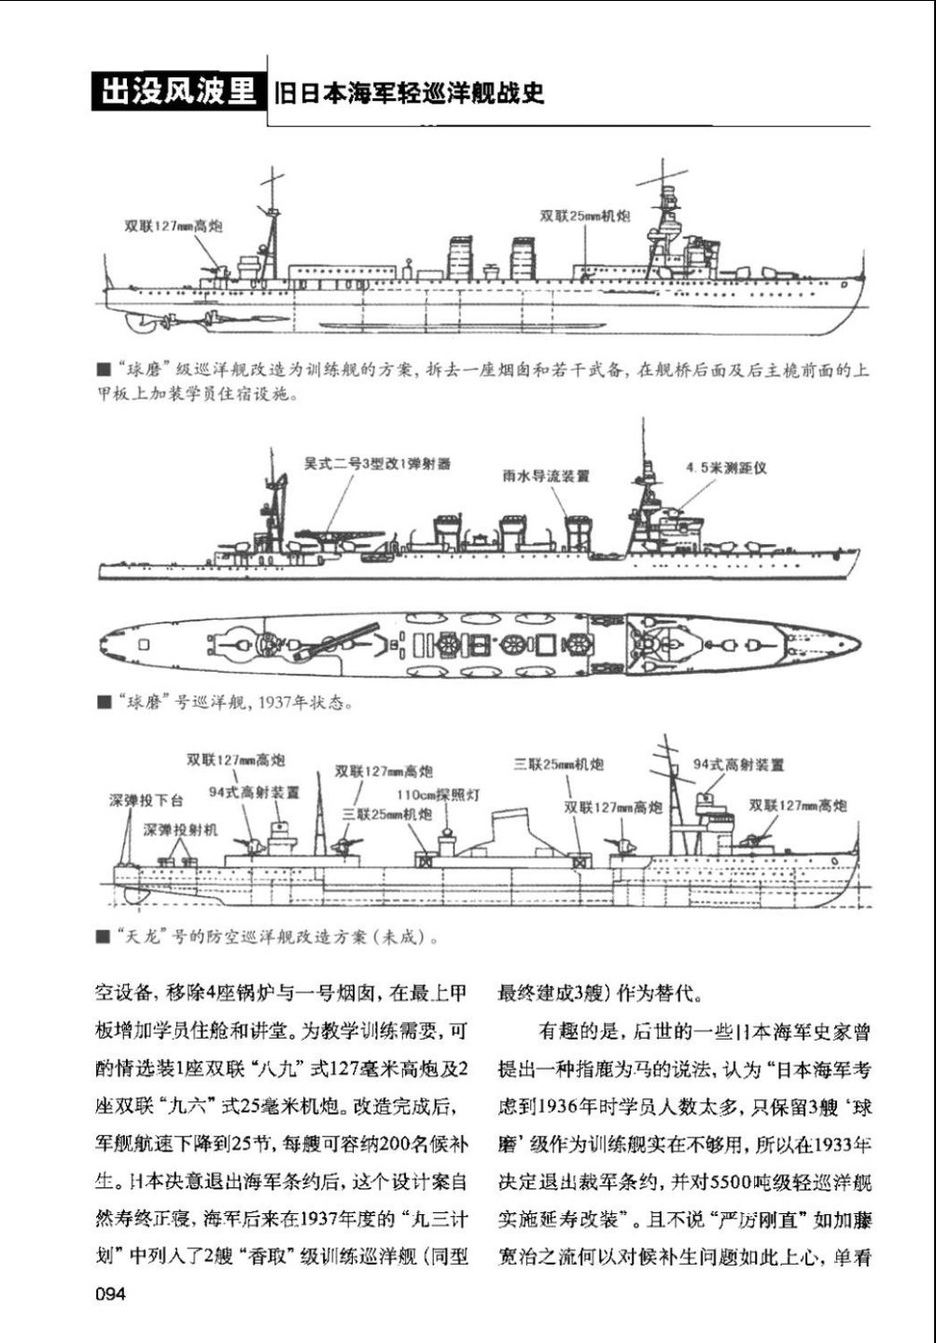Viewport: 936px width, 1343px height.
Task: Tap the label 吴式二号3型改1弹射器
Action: point(377,464)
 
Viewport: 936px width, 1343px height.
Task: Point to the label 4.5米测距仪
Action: point(725,468)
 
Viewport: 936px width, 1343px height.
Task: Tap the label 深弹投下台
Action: point(147,801)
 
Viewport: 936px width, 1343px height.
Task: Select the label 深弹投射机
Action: point(180,829)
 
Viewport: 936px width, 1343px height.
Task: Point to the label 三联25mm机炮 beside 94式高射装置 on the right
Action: point(558,764)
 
